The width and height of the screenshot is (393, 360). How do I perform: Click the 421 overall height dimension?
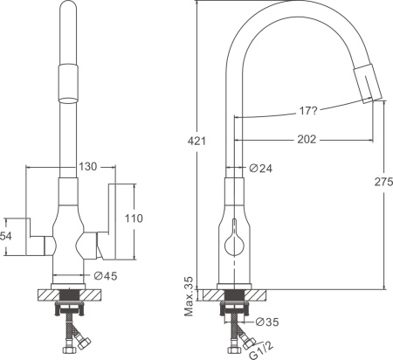point(196,141)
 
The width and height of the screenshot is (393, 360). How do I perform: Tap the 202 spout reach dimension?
point(307,139)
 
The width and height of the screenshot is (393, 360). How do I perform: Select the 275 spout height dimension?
point(383,182)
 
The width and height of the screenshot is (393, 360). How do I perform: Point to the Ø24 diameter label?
point(261,168)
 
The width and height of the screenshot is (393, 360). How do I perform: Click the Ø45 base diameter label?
point(106,275)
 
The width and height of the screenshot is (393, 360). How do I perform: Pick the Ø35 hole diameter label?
point(267,322)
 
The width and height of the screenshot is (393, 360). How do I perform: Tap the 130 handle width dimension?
point(88,167)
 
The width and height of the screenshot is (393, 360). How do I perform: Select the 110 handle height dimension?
point(134,218)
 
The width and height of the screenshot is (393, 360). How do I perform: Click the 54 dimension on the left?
point(6,236)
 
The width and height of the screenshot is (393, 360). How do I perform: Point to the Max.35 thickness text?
point(189,296)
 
